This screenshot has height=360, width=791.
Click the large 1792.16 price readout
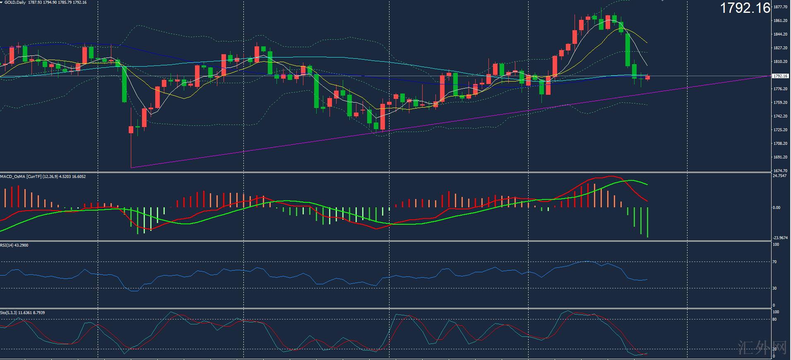[745, 8]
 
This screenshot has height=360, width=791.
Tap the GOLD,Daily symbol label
[15, 2]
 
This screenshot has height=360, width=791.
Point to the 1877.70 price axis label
[781, 7]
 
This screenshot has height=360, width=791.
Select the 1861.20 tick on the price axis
[781, 21]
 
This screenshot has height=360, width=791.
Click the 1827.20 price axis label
[781, 48]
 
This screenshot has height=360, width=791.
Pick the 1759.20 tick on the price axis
[781, 103]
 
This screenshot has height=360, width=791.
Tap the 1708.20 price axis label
[781, 144]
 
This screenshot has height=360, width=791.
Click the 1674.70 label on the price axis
[781, 170]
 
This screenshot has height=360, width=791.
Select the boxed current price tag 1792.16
[781, 76]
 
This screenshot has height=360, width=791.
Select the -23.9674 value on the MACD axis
[781, 238]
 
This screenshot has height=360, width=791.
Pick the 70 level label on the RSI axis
[775, 262]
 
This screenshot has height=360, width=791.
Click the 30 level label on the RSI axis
[775, 288]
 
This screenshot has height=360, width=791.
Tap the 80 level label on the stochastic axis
[775, 319]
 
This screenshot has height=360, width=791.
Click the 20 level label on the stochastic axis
[775, 349]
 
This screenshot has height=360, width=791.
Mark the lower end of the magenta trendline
[131, 168]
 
